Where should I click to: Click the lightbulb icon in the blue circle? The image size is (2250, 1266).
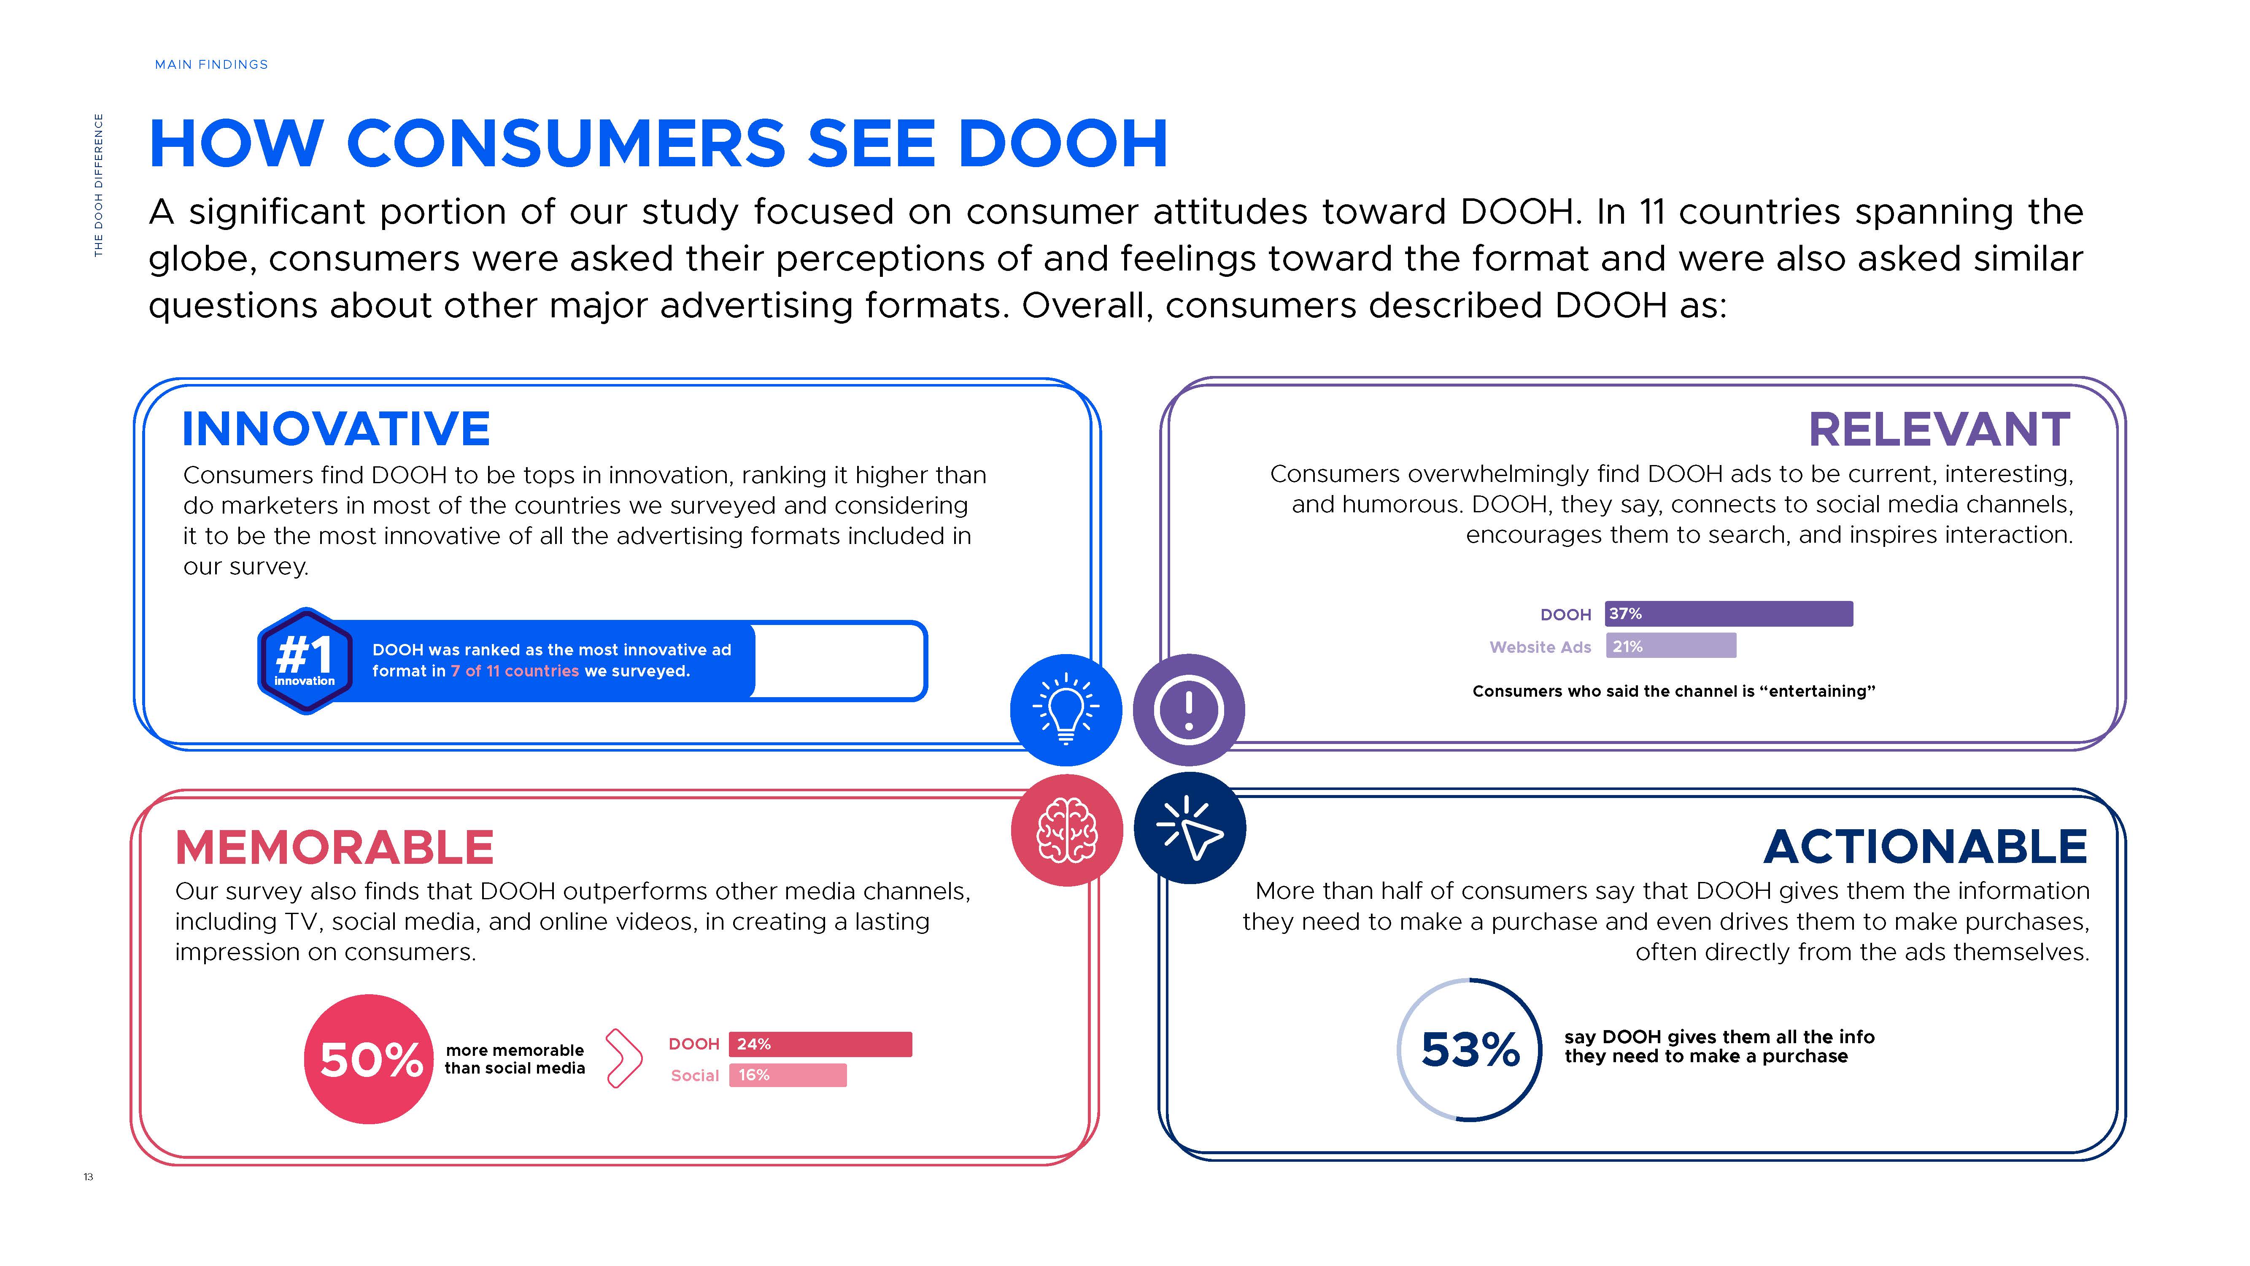1066,709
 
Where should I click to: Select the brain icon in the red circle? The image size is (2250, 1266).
1066,830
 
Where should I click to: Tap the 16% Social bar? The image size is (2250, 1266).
787,1076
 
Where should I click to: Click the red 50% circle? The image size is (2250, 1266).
370,1059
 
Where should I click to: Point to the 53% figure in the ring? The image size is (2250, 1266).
1470,1050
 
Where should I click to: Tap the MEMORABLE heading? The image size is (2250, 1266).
335,847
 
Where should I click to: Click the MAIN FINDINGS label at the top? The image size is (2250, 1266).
211,65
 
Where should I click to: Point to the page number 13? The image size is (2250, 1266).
88,1177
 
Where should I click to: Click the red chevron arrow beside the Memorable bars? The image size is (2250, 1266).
623,1058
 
